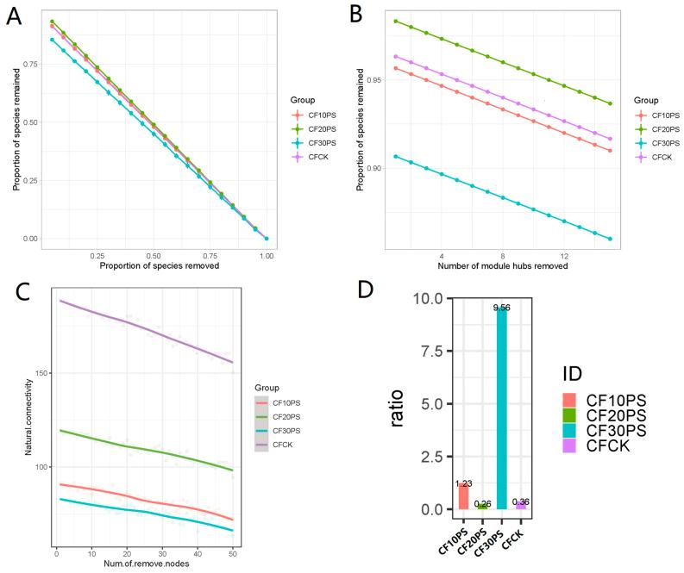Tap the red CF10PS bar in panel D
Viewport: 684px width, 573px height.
click(x=463, y=496)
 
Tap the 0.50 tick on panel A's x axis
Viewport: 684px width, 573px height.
click(x=153, y=257)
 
